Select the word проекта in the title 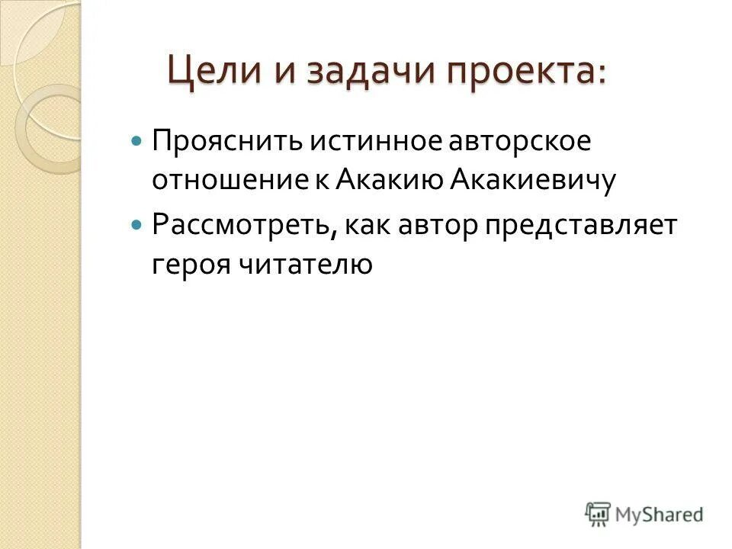518,72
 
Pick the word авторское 483,142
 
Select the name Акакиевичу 532,183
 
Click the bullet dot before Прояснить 137,142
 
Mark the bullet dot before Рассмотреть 137,226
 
